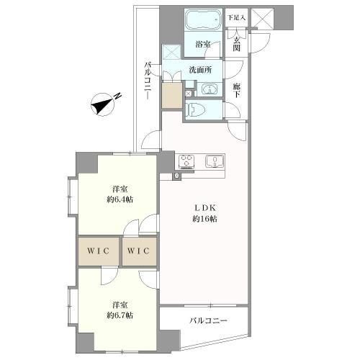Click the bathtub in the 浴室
(203, 19)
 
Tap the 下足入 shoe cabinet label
(236, 17)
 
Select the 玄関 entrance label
(236, 45)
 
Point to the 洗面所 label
(200, 70)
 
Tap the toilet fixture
(195, 109)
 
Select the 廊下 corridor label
(236, 90)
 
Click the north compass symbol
(102, 104)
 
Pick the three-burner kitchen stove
(186, 161)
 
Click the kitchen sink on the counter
(215, 161)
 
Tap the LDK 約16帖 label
(204, 213)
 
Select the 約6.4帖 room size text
(120, 199)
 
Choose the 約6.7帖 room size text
(120, 315)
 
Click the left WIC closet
(99, 251)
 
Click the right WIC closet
(139, 251)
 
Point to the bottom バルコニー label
(208, 320)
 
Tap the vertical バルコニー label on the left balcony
(148, 81)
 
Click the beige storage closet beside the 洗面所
(172, 95)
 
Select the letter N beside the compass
(117, 96)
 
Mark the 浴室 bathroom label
(203, 44)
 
